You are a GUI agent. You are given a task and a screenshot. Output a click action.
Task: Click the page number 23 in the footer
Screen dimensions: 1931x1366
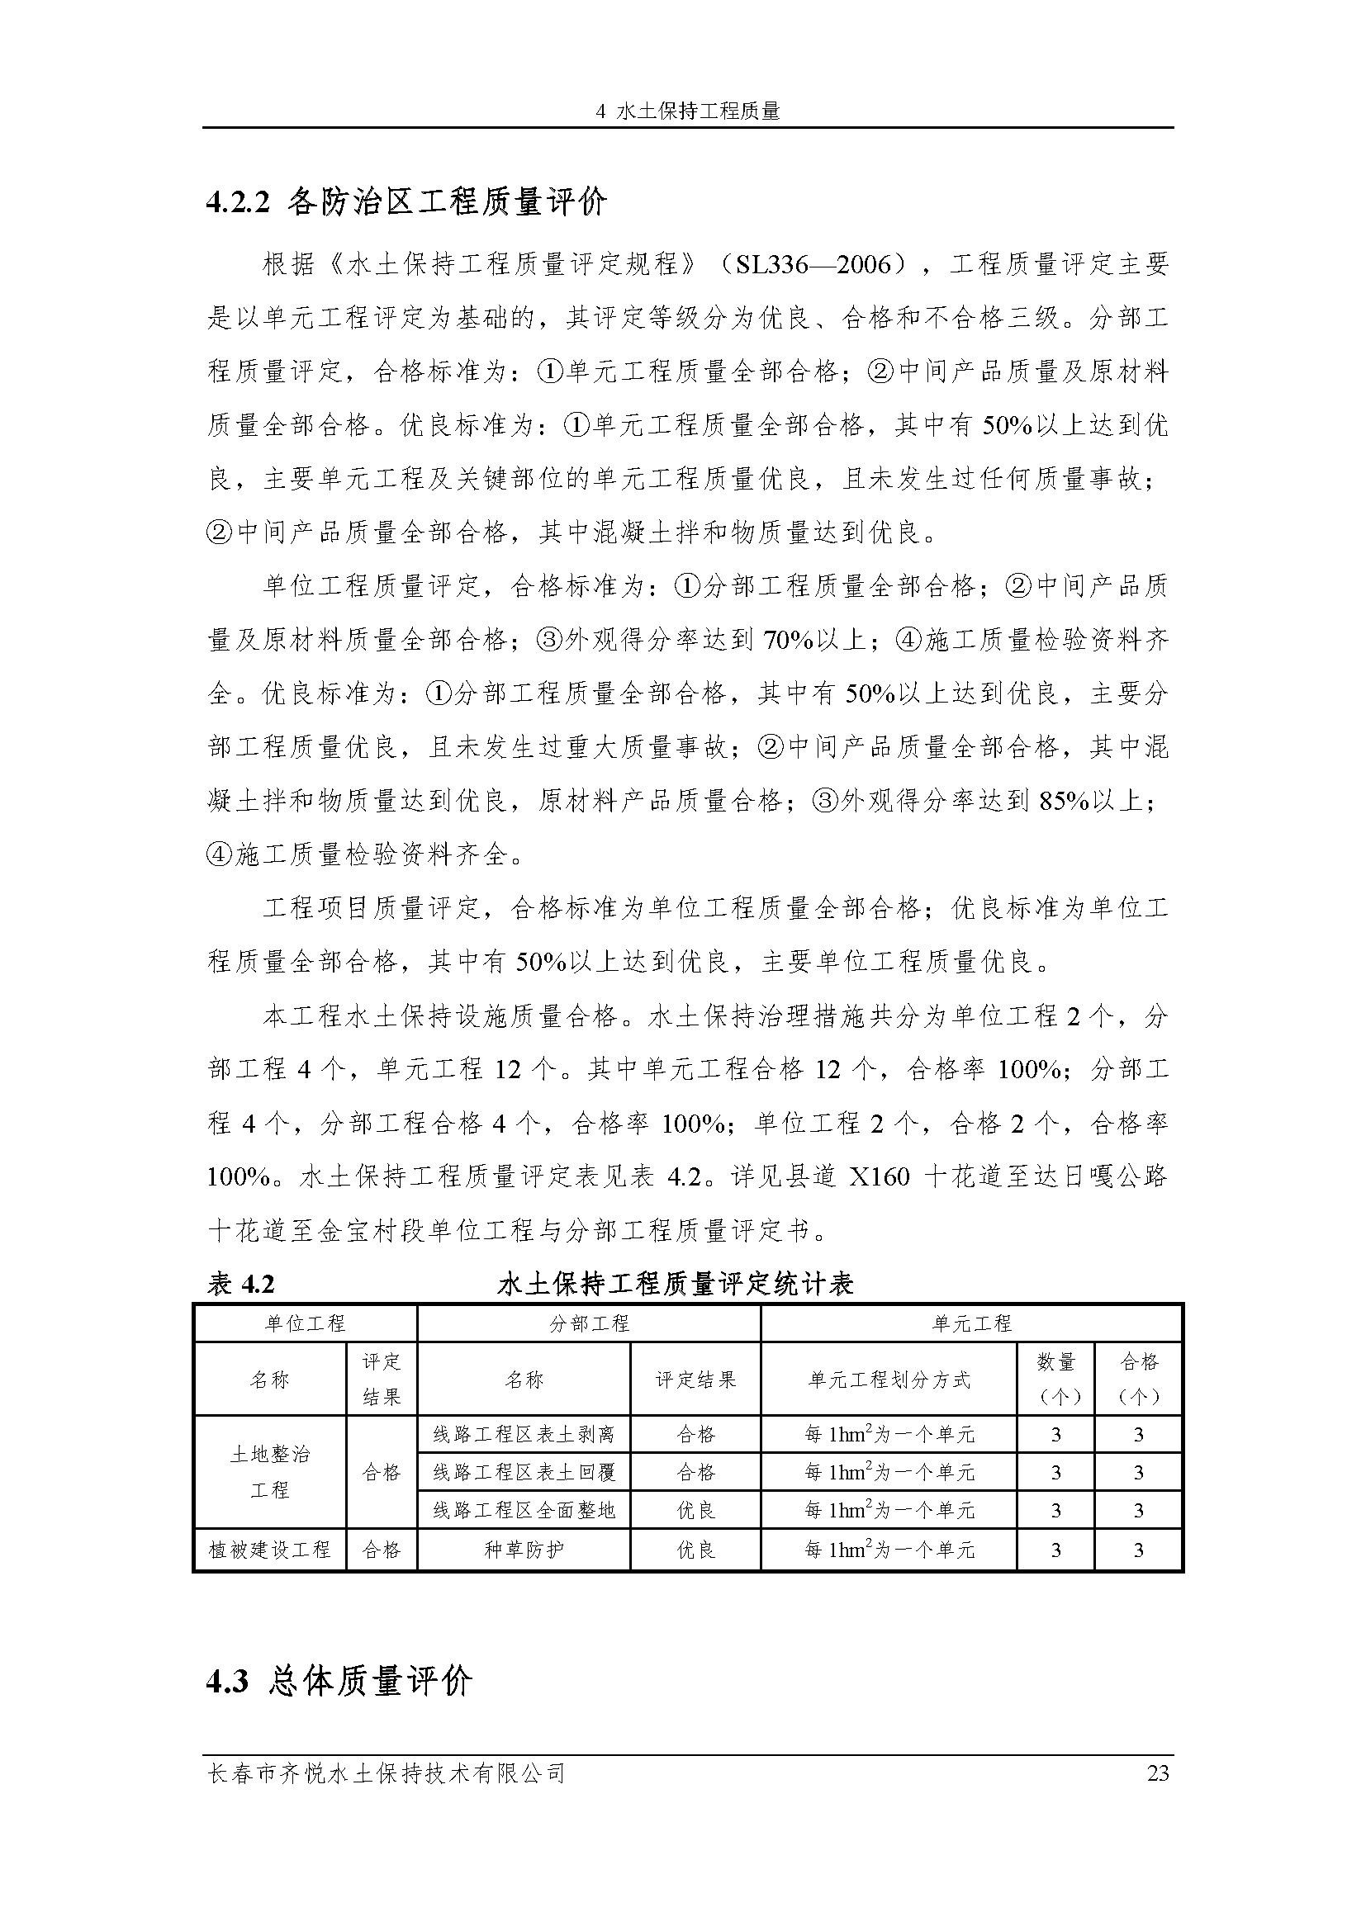[1157, 1773]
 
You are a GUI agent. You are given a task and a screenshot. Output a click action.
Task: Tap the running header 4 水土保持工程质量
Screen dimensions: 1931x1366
[687, 111]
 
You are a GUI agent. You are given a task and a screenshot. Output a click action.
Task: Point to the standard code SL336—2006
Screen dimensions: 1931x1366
[813, 265]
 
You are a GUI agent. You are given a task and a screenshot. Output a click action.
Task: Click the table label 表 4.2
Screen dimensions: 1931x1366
[241, 1285]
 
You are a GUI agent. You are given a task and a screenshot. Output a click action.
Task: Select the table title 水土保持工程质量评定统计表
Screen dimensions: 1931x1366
[676, 1285]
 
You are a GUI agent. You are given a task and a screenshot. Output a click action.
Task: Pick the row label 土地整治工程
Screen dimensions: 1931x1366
[270, 1472]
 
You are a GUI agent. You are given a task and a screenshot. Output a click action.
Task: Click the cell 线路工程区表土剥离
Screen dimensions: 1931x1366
[524, 1434]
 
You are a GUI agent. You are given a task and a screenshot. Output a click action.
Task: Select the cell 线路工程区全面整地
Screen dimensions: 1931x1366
[524, 1511]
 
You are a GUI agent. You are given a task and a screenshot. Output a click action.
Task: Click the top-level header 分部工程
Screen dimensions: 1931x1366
[589, 1323]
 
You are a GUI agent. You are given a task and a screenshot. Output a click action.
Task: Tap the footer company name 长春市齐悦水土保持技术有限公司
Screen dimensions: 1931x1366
[386, 1773]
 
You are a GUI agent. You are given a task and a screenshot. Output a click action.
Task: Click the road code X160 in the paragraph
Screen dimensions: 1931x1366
[879, 1176]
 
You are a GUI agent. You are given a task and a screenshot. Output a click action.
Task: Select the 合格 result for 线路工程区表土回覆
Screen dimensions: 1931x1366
[695, 1472]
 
